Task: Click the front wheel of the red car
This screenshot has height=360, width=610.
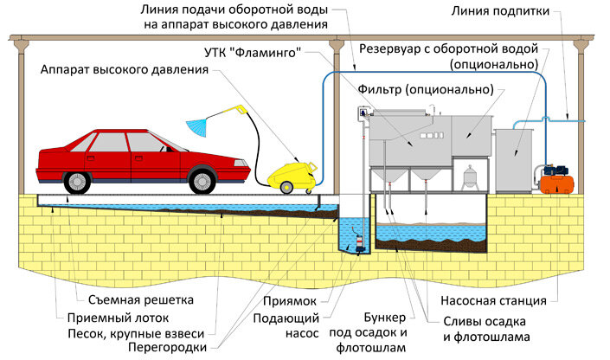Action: pyautogui.click(x=201, y=180)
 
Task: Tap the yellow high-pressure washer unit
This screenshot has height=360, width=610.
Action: pyautogui.click(x=291, y=173)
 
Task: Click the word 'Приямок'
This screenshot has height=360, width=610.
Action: pyautogui.click(x=292, y=299)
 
